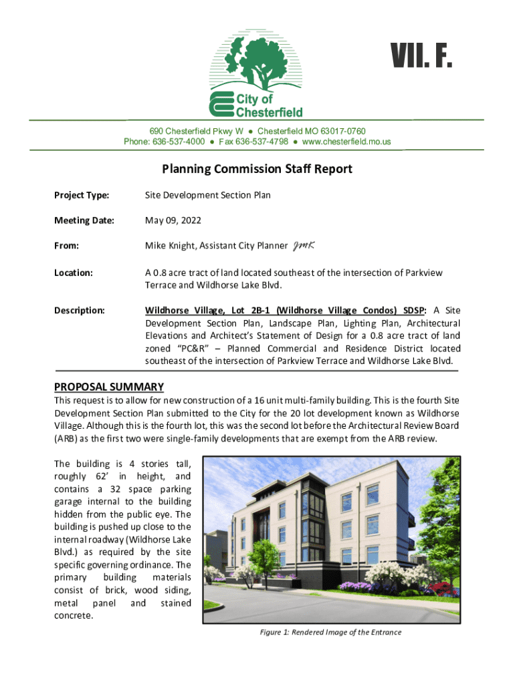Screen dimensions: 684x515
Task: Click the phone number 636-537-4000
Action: click(x=179, y=142)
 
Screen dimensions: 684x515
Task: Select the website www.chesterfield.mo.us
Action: click(x=346, y=142)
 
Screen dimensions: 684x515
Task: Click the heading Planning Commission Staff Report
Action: click(x=257, y=169)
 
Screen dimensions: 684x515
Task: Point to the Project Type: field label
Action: click(x=82, y=195)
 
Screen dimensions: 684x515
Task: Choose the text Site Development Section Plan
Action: click(x=208, y=195)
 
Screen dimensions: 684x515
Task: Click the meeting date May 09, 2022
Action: click(x=173, y=220)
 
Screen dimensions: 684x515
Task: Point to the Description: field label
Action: click(x=80, y=311)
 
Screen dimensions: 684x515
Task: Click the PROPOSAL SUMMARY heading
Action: click(x=108, y=387)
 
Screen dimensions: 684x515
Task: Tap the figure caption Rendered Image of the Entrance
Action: click(x=331, y=632)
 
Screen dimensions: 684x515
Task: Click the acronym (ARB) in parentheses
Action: click(x=66, y=439)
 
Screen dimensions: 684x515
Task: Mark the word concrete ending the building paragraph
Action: click(x=73, y=615)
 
